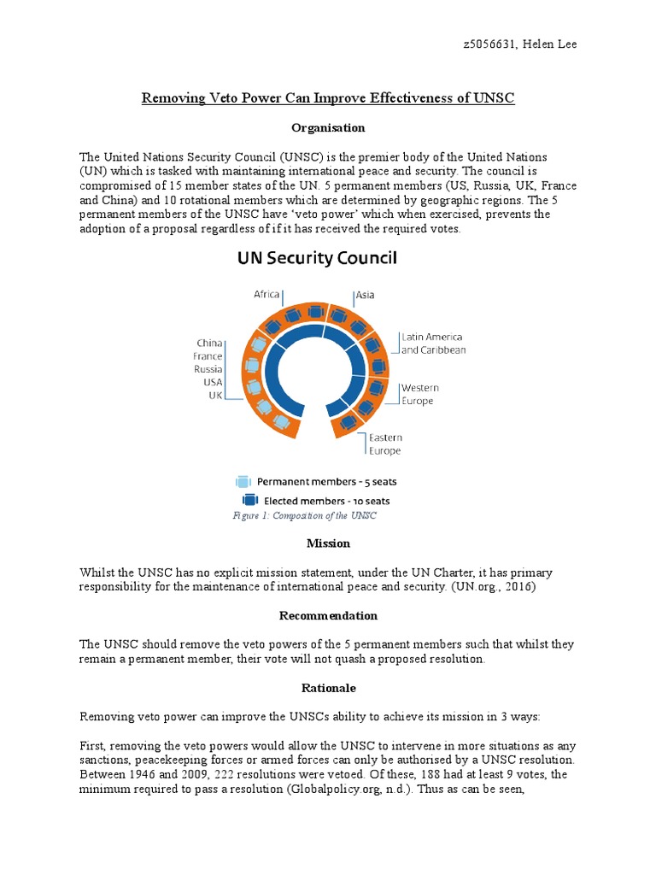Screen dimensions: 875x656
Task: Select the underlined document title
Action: click(328, 98)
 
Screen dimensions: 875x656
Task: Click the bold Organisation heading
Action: click(328, 127)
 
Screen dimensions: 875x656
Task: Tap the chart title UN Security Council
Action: click(316, 258)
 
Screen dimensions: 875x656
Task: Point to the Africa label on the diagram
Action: click(266, 294)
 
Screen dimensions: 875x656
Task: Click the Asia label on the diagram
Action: click(365, 295)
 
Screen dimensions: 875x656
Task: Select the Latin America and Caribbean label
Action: click(433, 344)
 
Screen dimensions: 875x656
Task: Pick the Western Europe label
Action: click(419, 394)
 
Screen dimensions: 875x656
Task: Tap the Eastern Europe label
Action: click(384, 443)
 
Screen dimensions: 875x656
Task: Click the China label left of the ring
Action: click(209, 344)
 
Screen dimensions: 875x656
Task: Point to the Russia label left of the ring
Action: click(208, 369)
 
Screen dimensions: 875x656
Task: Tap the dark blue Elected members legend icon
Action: click(250, 501)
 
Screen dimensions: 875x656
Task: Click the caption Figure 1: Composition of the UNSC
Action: click(304, 515)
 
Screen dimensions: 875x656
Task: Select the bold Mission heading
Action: click(328, 543)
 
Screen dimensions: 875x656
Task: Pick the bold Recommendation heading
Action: click(328, 615)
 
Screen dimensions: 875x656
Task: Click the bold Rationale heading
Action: click(328, 687)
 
